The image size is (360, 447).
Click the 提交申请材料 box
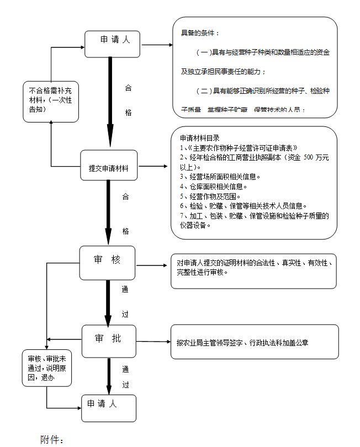coord(109,165)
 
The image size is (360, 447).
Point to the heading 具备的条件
coord(200,33)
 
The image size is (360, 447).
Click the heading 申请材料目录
coord(199,138)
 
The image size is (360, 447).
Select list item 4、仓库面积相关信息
coord(211,186)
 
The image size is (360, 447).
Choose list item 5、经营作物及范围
coord(210,196)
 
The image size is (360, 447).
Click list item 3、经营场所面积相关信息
coord(220,177)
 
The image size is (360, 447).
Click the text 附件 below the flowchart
coord(52,440)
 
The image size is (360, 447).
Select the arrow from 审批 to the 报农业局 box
coord(153,342)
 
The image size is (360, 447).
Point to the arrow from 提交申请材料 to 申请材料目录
coord(152,166)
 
